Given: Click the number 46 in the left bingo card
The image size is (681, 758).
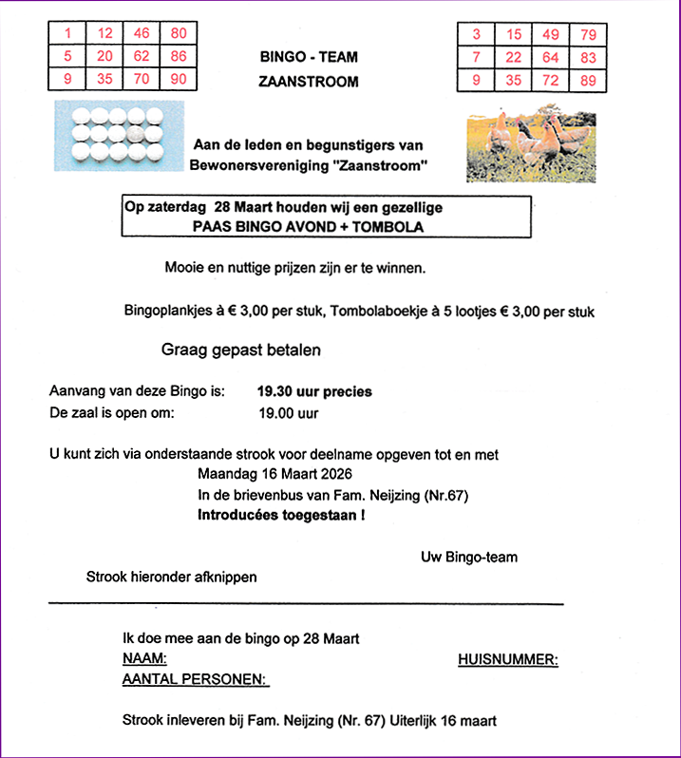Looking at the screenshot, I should [142, 34].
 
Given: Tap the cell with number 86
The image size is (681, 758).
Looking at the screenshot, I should [179, 56].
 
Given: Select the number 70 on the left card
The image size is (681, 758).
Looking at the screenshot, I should [142, 79].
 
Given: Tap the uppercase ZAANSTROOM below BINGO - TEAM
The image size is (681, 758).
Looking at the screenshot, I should [309, 82].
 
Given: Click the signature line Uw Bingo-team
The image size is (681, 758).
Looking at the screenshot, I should [469, 557].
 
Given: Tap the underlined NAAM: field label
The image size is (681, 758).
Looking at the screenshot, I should [145, 659].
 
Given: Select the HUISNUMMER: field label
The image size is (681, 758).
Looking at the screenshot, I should [507, 659].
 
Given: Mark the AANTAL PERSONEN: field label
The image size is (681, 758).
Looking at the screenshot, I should [196, 680].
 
